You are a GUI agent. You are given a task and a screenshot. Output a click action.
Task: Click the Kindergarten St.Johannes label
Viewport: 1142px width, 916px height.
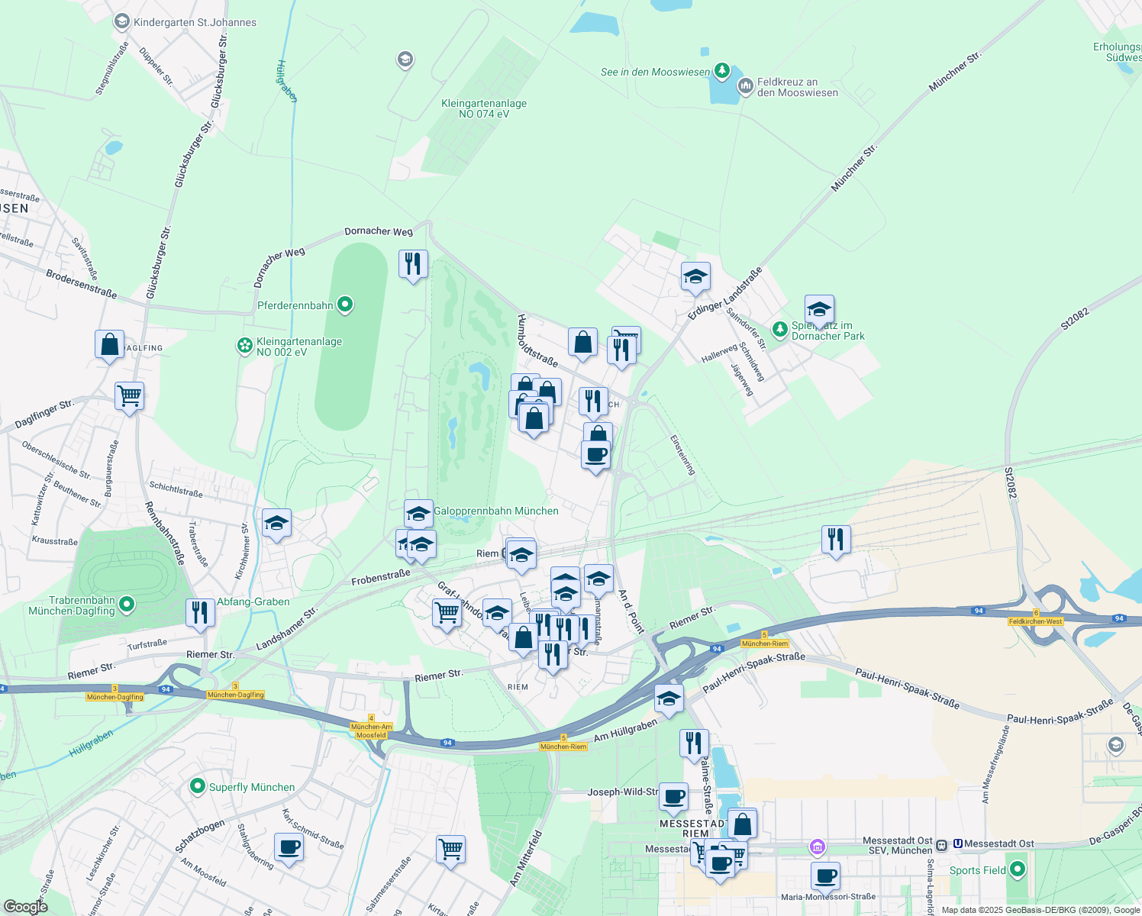click(x=195, y=22)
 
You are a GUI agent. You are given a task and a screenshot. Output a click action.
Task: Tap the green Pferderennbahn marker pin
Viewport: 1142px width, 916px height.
click(x=345, y=305)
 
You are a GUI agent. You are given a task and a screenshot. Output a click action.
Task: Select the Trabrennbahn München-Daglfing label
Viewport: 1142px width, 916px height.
click(x=72, y=606)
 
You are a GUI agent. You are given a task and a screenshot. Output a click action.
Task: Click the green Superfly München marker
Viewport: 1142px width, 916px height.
click(x=198, y=786)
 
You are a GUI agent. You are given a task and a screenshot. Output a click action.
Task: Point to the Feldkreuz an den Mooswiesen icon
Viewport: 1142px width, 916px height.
click(x=745, y=87)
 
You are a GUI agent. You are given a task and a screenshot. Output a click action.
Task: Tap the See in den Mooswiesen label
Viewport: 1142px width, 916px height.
click(x=655, y=72)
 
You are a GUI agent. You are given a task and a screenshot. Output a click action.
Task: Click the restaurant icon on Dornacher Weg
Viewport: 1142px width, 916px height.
click(x=413, y=264)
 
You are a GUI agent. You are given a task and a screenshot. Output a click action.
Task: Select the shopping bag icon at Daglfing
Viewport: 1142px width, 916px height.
click(x=110, y=344)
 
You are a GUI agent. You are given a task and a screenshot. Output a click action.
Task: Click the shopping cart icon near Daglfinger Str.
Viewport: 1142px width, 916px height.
click(x=130, y=396)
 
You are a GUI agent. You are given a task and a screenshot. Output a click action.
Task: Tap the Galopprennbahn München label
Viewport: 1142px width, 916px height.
click(x=496, y=511)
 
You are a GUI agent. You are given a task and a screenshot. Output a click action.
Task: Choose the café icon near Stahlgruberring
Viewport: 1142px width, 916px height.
click(x=289, y=847)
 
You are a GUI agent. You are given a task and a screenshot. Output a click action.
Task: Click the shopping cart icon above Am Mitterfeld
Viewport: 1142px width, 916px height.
click(x=450, y=849)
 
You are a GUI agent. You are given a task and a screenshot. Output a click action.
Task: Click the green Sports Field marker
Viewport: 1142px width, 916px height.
click(x=1017, y=870)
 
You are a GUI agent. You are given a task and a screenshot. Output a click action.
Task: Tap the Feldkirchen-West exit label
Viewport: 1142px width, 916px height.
click(x=1036, y=621)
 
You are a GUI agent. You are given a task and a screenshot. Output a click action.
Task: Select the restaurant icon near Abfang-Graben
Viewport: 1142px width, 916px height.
click(x=200, y=613)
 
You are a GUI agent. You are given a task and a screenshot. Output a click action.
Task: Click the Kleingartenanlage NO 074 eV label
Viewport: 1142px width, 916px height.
click(x=484, y=108)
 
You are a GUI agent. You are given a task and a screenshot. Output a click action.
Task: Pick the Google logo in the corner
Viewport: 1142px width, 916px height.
click(x=25, y=907)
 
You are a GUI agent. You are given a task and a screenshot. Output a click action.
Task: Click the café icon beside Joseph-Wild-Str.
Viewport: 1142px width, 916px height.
click(x=673, y=797)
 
